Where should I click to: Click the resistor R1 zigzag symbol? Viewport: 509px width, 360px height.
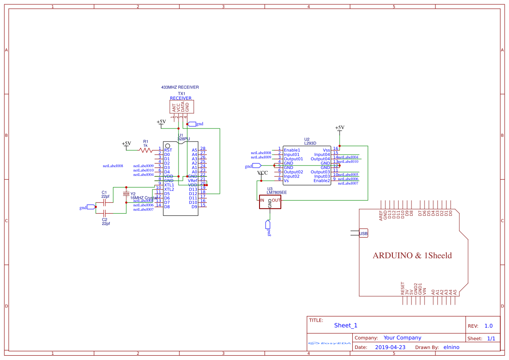click(145, 150)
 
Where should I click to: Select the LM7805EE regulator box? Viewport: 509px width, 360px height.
click(270, 202)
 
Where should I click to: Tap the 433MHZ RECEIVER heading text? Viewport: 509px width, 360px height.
click(180, 87)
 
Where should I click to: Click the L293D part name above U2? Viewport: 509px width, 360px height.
click(310, 143)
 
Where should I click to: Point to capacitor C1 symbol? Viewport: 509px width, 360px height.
click(104, 203)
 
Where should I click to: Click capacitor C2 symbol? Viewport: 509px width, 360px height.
click(104, 213)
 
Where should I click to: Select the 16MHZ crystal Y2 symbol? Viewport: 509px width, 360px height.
click(126, 194)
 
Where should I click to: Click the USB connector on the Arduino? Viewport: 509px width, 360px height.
click(363, 234)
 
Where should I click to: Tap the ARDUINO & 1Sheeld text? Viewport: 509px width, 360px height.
click(412, 256)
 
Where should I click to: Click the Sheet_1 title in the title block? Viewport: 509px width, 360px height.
click(346, 325)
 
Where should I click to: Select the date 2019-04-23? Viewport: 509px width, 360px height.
click(390, 347)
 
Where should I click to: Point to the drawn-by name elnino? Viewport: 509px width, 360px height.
click(451, 347)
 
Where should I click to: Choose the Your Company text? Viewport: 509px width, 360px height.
click(402, 338)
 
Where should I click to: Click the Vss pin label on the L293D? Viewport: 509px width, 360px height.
click(326, 150)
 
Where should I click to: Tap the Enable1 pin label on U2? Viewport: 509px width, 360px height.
click(292, 150)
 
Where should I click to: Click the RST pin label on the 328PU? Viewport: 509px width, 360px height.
click(168, 150)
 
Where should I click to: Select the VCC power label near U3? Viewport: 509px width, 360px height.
click(263, 173)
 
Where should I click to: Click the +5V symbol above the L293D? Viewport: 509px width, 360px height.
click(340, 128)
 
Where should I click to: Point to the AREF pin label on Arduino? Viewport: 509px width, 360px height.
click(381, 216)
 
